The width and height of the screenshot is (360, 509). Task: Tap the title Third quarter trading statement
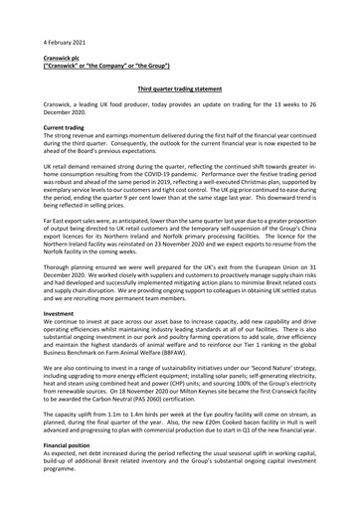tap(180, 88)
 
